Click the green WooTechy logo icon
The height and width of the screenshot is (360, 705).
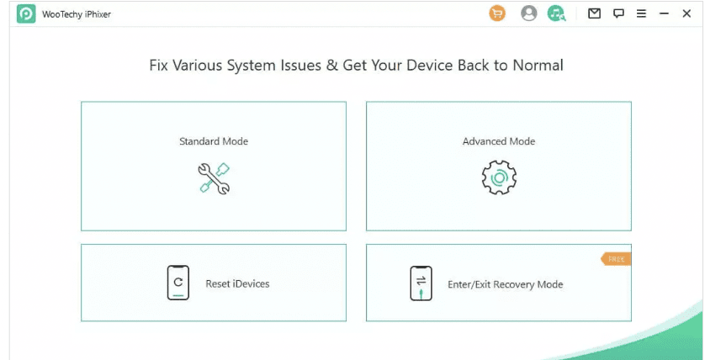click(x=25, y=13)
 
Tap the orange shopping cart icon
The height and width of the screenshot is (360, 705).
click(x=497, y=13)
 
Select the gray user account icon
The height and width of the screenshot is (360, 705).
click(x=528, y=13)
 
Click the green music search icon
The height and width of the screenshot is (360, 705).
click(x=556, y=13)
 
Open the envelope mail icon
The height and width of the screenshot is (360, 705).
click(x=594, y=13)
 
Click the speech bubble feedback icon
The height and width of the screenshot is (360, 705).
click(x=618, y=13)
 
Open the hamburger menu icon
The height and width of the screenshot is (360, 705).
click(x=641, y=13)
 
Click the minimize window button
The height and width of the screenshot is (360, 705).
click(x=664, y=13)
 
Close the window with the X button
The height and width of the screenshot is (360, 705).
click(x=686, y=13)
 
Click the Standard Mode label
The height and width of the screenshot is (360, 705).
click(x=214, y=141)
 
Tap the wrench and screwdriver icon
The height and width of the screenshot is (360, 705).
click(x=214, y=178)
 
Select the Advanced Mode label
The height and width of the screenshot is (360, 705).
click(x=499, y=141)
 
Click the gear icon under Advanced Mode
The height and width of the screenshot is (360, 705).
click(x=499, y=177)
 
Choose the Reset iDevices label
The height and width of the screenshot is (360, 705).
click(x=237, y=284)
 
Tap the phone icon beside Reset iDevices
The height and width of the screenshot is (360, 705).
click(x=178, y=283)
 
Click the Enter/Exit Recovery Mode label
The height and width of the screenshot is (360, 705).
click(x=505, y=284)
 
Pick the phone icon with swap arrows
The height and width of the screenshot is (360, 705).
click(x=421, y=283)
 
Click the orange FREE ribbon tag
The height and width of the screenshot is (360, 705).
click(x=616, y=259)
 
